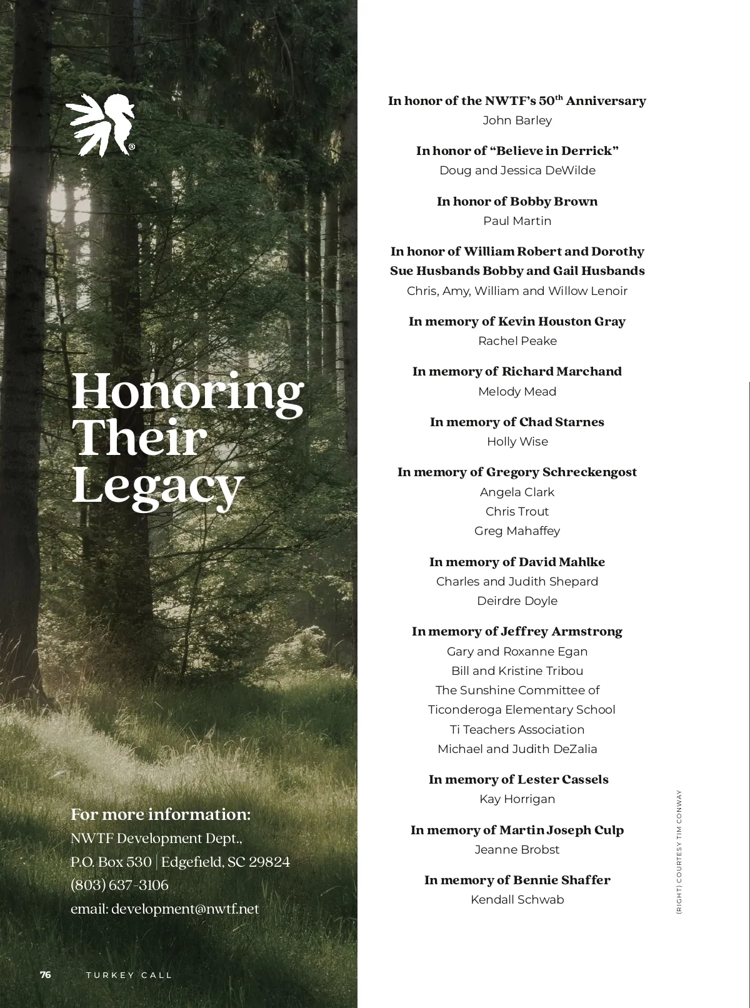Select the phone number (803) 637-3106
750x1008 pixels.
pyautogui.click(x=119, y=885)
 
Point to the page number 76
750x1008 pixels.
pyautogui.click(x=46, y=975)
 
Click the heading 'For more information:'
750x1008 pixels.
pyautogui.click(x=161, y=814)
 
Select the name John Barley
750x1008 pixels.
pyautogui.click(x=517, y=120)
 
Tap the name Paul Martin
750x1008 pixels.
pyautogui.click(x=517, y=221)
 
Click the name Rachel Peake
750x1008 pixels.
pyautogui.click(x=517, y=341)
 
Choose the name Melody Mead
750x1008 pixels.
pyautogui.click(x=517, y=391)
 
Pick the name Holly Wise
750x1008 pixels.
pyautogui.click(x=517, y=441)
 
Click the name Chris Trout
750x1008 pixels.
pyautogui.click(x=517, y=511)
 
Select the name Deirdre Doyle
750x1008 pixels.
pyautogui.click(x=517, y=601)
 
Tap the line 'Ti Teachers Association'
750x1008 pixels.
pyautogui.click(x=517, y=729)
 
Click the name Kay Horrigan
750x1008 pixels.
pyautogui.click(x=517, y=799)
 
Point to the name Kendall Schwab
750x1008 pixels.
pyautogui.click(x=517, y=899)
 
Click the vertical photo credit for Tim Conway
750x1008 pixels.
pyautogui.click(x=679, y=852)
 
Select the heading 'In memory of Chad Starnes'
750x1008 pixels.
pyautogui.click(x=517, y=422)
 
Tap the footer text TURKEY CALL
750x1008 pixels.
pyautogui.click(x=129, y=975)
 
